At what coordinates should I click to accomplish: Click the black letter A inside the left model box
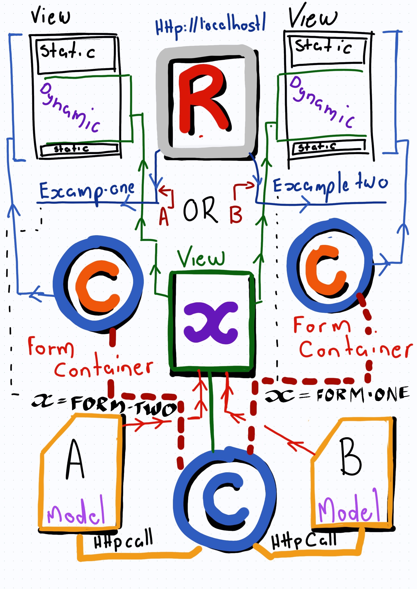pos(75,459)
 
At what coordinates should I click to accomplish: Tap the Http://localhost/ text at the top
pos(211,26)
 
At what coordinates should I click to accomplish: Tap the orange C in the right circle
pos(326,268)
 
